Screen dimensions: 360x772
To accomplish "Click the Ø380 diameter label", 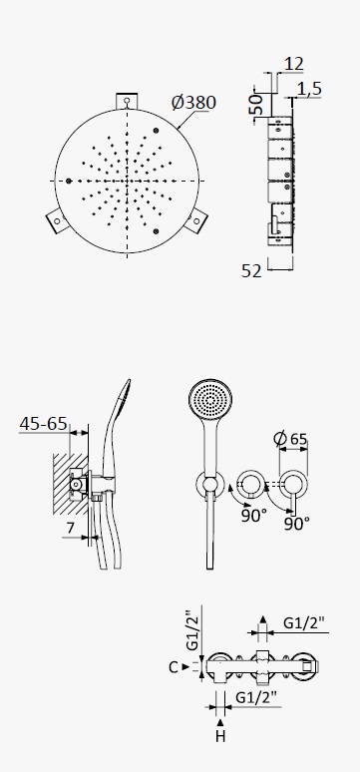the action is pyautogui.click(x=193, y=103).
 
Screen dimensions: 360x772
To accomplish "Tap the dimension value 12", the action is pyautogui.click(x=293, y=64).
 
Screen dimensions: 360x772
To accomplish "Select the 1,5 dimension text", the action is pyautogui.click(x=310, y=89).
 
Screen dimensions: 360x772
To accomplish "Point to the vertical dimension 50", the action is pyautogui.click(x=256, y=105).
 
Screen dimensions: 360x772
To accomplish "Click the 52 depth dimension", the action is pyautogui.click(x=251, y=270).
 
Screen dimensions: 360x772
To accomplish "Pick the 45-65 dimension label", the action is pyautogui.click(x=43, y=424).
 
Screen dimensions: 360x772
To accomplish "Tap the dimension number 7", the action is pyautogui.click(x=71, y=528).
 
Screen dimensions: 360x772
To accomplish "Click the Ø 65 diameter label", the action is pyautogui.click(x=290, y=439).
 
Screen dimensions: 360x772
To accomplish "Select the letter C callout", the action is pyautogui.click(x=173, y=667).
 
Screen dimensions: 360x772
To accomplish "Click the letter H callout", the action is pyautogui.click(x=220, y=736).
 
